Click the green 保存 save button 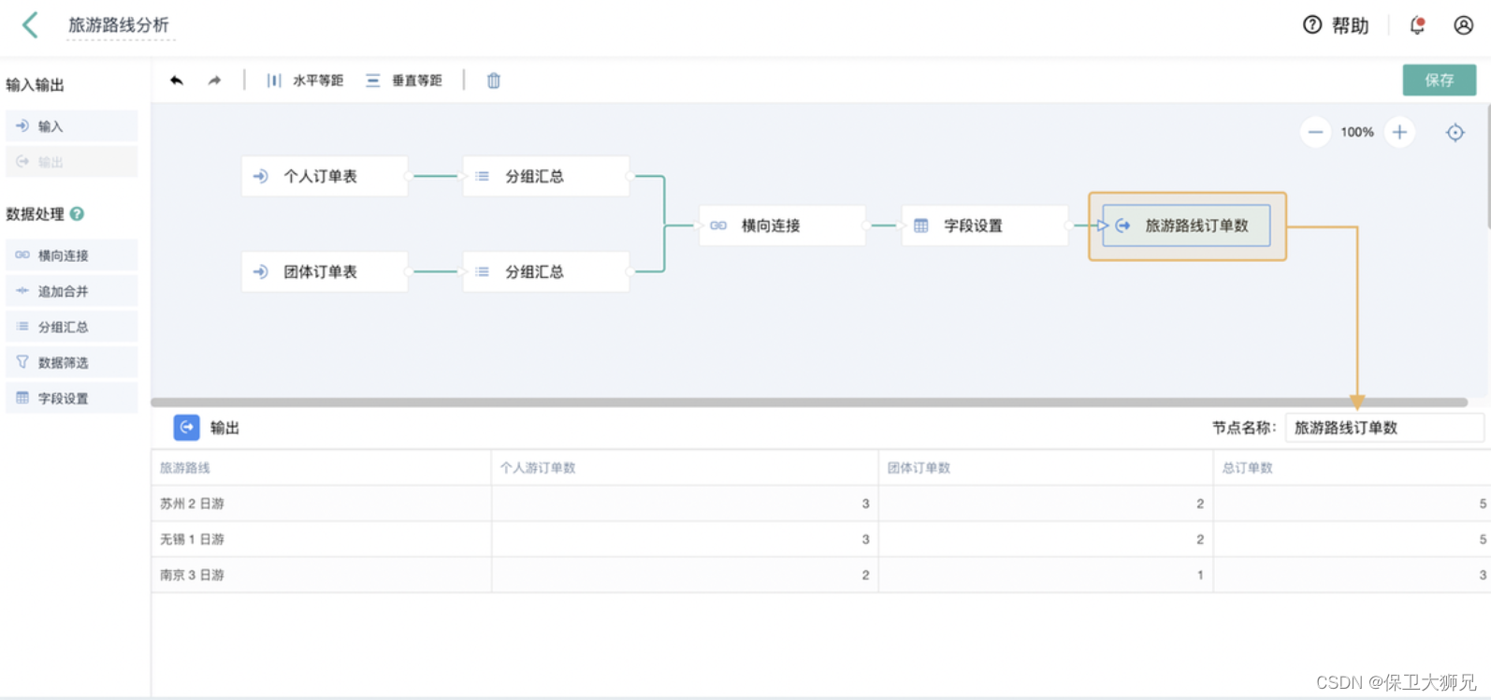point(1439,80)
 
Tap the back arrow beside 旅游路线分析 point(31,25)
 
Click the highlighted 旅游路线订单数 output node point(1186,226)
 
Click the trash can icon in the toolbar point(494,80)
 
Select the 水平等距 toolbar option point(305,80)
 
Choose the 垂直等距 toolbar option point(404,80)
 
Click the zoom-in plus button point(1399,132)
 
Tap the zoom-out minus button point(1315,132)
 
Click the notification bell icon point(1417,25)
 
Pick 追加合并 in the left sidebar point(63,291)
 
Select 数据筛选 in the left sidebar point(63,362)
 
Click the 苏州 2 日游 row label point(192,503)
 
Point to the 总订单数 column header point(1247,468)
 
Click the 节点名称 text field point(1382,428)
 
